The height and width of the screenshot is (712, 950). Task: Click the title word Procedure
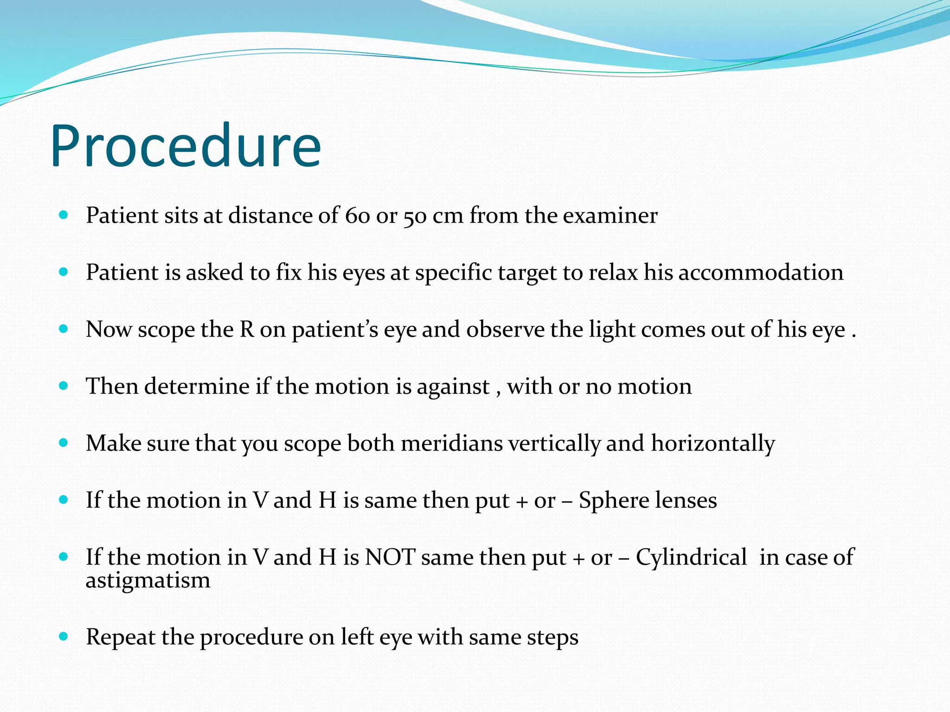pyautogui.click(x=186, y=146)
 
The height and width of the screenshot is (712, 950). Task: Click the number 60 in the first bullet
pyautogui.click(x=357, y=216)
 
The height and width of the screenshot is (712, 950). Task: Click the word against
pyautogui.click(x=453, y=387)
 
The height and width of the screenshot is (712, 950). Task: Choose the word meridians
pyautogui.click(x=452, y=443)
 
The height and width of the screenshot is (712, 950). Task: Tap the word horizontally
pyautogui.click(x=713, y=444)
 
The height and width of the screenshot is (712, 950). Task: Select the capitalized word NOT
pyautogui.click(x=390, y=557)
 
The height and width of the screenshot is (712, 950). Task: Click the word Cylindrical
pyautogui.click(x=691, y=558)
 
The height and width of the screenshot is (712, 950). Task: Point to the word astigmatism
pyautogui.click(x=148, y=581)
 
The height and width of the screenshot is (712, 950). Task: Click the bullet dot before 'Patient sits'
pyautogui.click(x=64, y=215)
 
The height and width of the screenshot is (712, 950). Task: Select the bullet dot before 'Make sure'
pyautogui.click(x=64, y=443)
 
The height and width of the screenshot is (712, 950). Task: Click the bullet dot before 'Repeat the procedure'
pyautogui.click(x=64, y=636)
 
